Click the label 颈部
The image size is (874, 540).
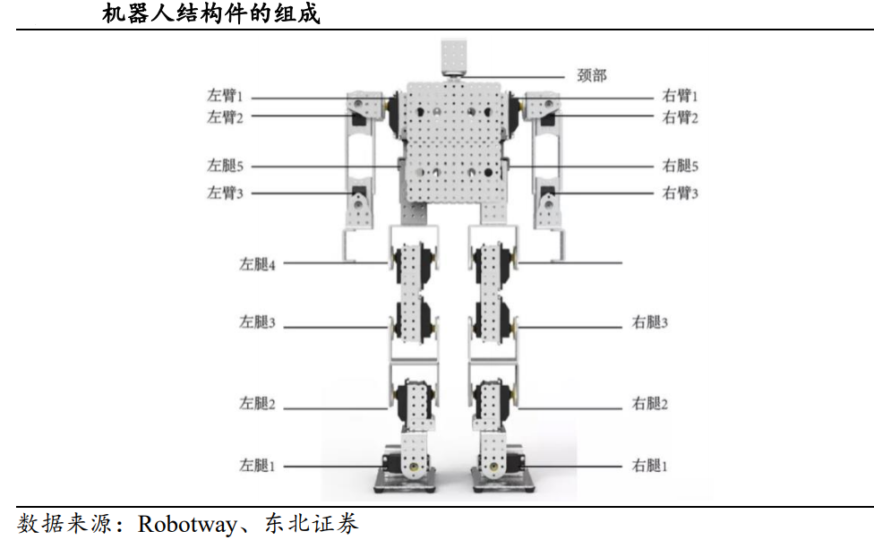(x=592, y=75)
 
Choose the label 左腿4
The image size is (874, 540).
(x=257, y=264)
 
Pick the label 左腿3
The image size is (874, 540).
(x=257, y=322)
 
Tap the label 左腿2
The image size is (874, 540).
(x=257, y=404)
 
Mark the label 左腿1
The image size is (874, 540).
(x=257, y=466)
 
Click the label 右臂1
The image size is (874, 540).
(x=681, y=96)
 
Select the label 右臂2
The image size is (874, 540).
(x=681, y=117)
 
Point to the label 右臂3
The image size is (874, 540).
(x=681, y=193)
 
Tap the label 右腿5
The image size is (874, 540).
(x=681, y=166)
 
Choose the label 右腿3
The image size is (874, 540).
(x=650, y=322)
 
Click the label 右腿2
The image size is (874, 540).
(x=650, y=404)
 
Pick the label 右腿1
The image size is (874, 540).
(x=650, y=466)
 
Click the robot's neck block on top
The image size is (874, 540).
(x=454, y=59)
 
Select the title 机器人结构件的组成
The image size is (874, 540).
(x=211, y=14)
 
